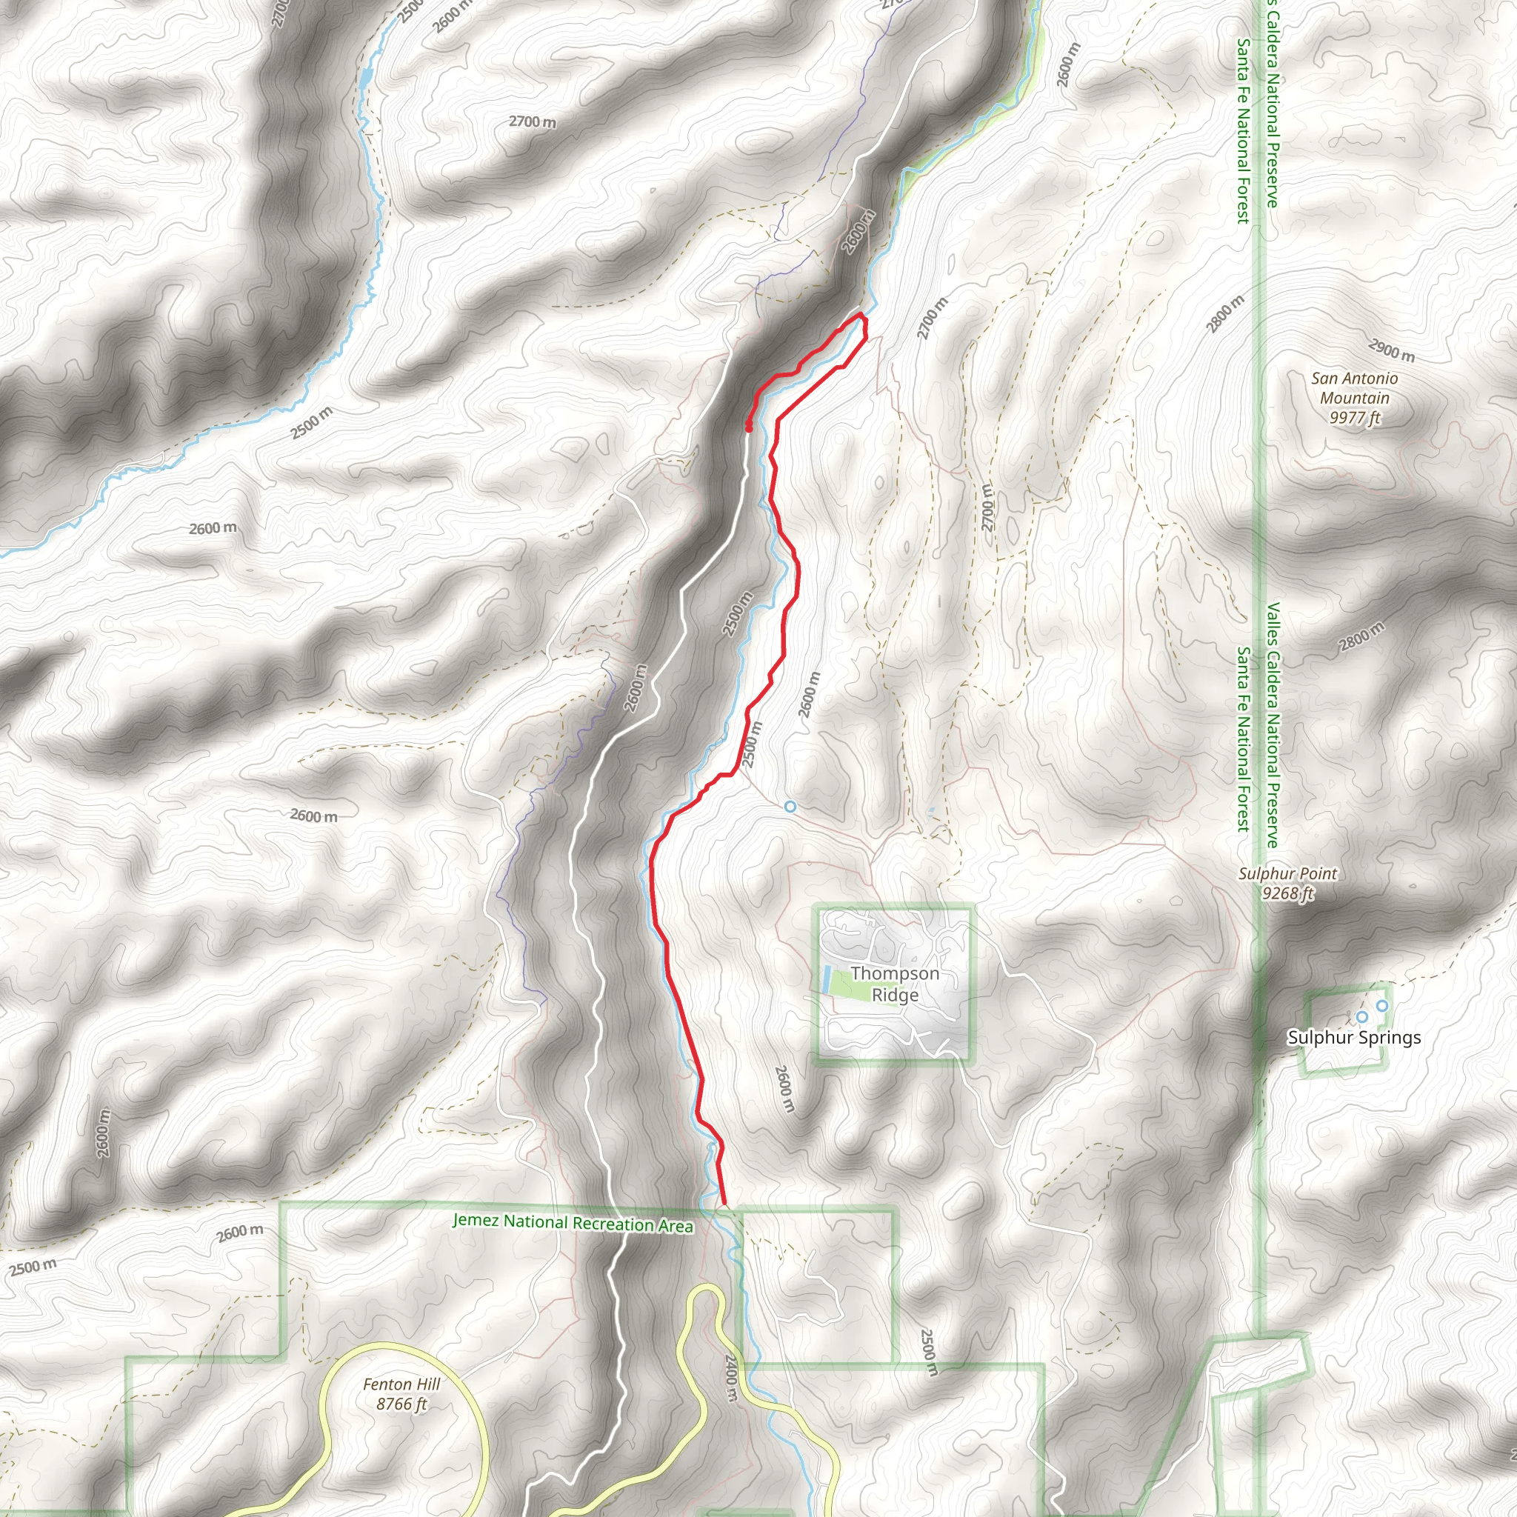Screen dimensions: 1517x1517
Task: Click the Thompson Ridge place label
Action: [894, 984]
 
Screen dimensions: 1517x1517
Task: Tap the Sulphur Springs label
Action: [1354, 1037]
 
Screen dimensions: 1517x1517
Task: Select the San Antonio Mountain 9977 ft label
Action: [1355, 398]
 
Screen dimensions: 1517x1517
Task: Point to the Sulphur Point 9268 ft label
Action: [1287, 882]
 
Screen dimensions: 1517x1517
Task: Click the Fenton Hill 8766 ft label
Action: [401, 1393]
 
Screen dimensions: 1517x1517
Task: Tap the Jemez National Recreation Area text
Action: [573, 1222]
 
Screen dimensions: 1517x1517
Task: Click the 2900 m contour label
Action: [1391, 350]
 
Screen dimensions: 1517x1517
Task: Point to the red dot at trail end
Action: [748, 427]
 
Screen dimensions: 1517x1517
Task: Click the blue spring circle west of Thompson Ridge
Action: [790, 807]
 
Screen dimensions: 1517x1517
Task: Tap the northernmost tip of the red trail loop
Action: [861, 314]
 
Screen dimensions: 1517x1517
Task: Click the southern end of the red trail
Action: [723, 1202]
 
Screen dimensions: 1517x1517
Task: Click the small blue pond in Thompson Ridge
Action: [827, 978]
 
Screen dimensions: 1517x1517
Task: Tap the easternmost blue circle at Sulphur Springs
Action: [1382, 1006]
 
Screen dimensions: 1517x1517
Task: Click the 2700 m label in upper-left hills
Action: [532, 121]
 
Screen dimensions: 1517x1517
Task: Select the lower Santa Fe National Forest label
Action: [1243, 738]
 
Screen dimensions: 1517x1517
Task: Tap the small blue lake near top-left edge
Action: [366, 79]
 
